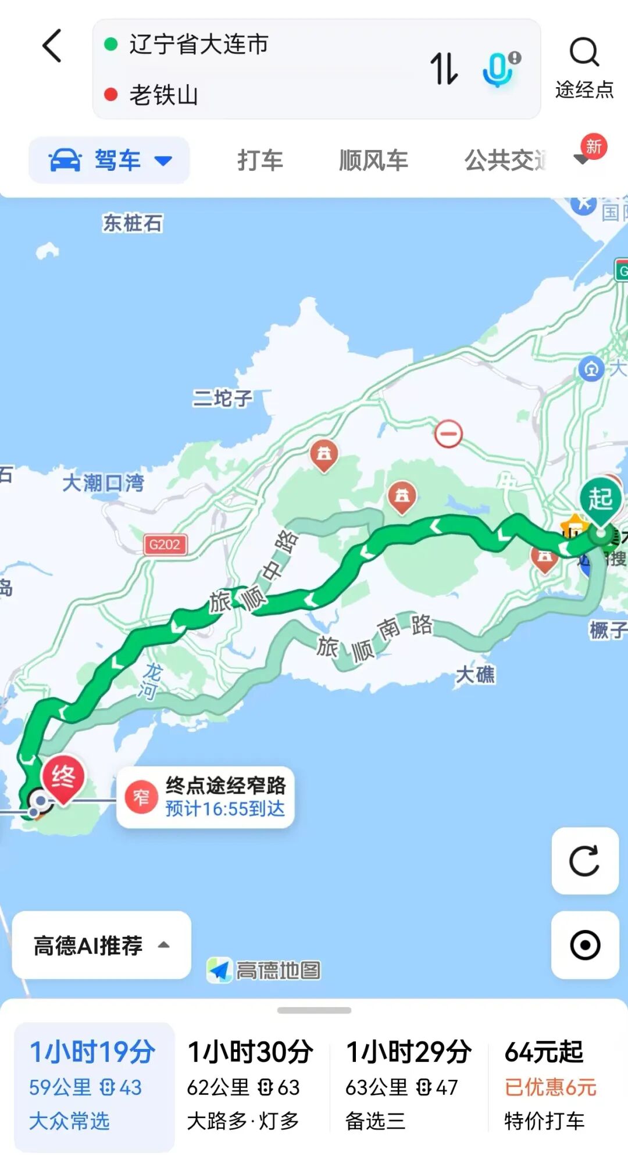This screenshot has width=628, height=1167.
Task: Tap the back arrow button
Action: (52, 46)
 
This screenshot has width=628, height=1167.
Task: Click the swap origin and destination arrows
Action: (444, 68)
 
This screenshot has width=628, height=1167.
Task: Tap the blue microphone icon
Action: (499, 69)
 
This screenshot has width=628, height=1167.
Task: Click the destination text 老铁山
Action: (164, 95)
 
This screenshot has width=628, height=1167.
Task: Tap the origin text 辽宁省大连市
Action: (199, 44)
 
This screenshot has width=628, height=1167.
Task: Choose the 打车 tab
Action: (260, 160)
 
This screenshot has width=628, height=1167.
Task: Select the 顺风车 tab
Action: (373, 160)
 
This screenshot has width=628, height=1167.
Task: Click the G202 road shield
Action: (165, 545)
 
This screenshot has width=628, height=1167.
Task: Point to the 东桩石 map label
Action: (133, 223)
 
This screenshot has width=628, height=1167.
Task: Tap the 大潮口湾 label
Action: (103, 482)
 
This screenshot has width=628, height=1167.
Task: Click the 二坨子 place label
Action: (223, 398)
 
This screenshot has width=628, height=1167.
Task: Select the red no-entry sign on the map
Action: (448, 434)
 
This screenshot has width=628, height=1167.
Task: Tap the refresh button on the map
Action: (584, 861)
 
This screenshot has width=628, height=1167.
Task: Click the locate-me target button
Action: (584, 945)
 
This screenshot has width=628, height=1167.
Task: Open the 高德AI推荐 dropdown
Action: (101, 946)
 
